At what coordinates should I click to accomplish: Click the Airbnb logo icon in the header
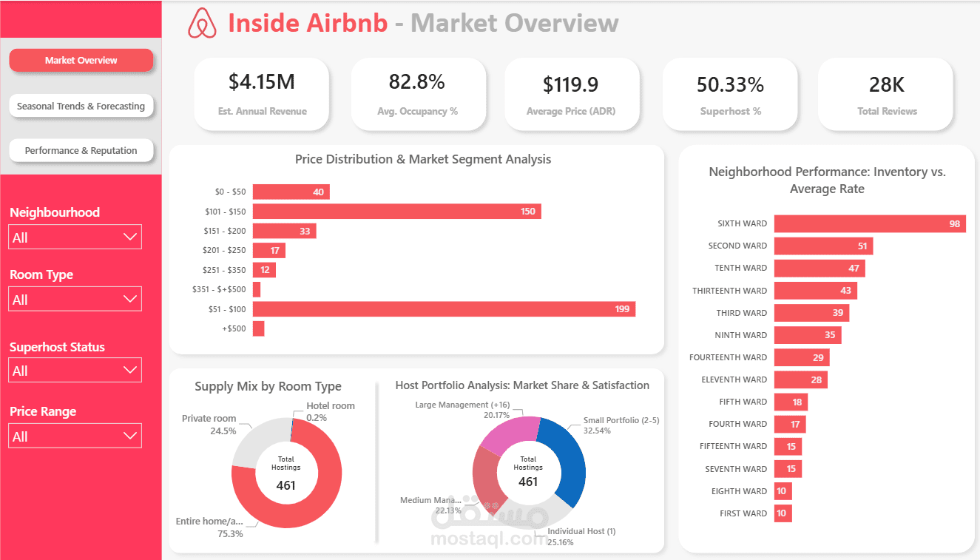(x=202, y=23)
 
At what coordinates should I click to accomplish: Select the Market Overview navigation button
(x=81, y=61)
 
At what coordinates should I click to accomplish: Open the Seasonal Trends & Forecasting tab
(x=81, y=106)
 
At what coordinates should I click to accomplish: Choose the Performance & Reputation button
(x=81, y=150)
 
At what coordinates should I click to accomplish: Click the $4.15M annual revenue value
(x=261, y=82)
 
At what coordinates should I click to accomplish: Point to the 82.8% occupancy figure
(x=417, y=82)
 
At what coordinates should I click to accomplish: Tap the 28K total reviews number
(x=886, y=84)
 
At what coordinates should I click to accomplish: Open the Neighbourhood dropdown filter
(x=75, y=237)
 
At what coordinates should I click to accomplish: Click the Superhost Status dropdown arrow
(x=130, y=370)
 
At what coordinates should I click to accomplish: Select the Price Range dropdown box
(x=75, y=436)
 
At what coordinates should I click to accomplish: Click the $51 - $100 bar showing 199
(x=444, y=308)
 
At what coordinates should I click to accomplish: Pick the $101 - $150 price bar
(x=396, y=212)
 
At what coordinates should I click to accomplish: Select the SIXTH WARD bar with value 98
(x=869, y=223)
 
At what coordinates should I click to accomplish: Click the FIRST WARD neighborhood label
(x=743, y=513)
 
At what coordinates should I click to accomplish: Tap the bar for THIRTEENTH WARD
(x=815, y=291)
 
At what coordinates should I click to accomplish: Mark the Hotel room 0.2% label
(x=330, y=411)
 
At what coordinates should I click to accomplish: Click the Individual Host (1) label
(x=581, y=531)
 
